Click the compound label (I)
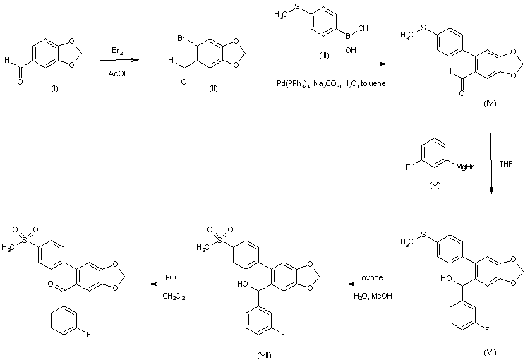pyautogui.click(x=54, y=88)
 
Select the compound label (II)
pyautogui.click(x=213, y=88)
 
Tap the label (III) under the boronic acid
pyautogui.click(x=324, y=56)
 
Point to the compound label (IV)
pyautogui.click(x=490, y=104)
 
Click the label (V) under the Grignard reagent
pyautogui.click(x=435, y=185)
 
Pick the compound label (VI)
pyautogui.click(x=490, y=352)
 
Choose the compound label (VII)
pyautogui.click(x=264, y=355)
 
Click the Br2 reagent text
pyautogui.click(x=117, y=51)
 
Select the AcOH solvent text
pyautogui.click(x=119, y=73)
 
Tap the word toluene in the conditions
pyautogui.click(x=373, y=83)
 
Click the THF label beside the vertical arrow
pyautogui.click(x=506, y=164)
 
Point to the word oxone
pyautogui.click(x=372, y=277)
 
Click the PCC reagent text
pyautogui.click(x=172, y=277)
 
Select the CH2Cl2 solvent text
pyautogui.click(x=174, y=296)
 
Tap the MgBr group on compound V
pyautogui.click(x=465, y=167)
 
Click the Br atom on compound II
pyautogui.click(x=181, y=39)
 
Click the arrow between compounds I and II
pyautogui.click(x=119, y=60)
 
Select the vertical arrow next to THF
pyautogui.click(x=490, y=164)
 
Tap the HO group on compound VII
pyautogui.click(x=243, y=284)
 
